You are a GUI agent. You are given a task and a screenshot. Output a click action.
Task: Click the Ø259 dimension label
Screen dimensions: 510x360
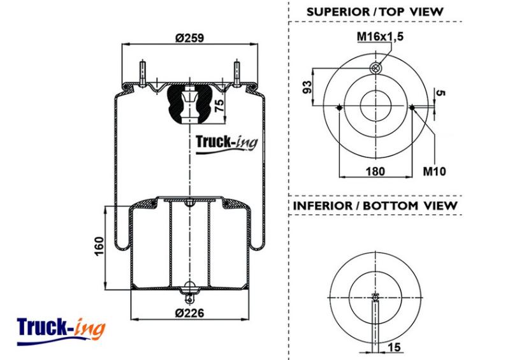189,38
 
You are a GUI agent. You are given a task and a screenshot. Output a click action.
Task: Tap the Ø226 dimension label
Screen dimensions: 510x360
189,313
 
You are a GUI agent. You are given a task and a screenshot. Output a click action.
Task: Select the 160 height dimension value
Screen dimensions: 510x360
99,246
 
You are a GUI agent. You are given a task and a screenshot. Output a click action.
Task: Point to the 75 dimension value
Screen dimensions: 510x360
220,106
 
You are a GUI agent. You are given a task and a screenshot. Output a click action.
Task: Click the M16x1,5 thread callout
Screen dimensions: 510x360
380,36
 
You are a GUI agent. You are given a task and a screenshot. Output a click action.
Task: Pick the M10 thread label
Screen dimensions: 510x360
434,171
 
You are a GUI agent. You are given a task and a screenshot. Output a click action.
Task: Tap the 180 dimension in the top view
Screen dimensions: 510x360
375,171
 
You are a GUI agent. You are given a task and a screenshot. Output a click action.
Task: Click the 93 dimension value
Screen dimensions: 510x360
307,87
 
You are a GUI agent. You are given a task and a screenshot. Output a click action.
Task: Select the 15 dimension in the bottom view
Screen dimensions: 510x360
394,347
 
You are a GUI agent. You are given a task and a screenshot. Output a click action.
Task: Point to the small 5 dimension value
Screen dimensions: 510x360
440,92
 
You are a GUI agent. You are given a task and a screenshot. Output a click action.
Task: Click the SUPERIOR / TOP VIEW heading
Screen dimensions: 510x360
375,12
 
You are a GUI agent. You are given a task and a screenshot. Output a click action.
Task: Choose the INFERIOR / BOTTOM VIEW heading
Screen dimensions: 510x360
375,206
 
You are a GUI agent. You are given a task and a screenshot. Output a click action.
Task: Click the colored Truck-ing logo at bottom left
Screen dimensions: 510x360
61,331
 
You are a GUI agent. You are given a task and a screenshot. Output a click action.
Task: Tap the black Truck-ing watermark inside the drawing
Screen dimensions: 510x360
226,143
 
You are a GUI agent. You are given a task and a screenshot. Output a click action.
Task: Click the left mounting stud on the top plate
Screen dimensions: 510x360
142,73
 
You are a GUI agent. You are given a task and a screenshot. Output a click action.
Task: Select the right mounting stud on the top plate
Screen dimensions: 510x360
237,73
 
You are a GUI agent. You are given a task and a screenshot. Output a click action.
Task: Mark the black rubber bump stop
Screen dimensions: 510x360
189,104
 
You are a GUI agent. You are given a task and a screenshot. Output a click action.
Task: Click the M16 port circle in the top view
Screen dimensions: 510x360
375,68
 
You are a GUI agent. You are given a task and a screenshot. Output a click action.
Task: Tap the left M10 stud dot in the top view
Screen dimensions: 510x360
339,108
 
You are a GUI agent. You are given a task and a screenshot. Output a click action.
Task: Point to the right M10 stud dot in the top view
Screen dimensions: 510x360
412,108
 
